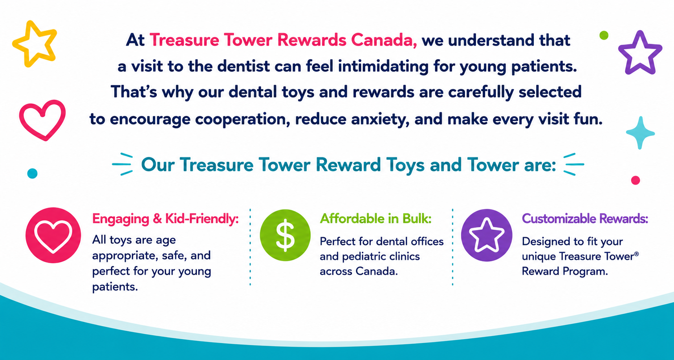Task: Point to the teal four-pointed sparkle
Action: (x=640, y=133)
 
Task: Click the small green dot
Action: (x=604, y=35)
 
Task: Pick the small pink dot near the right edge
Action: (x=636, y=180)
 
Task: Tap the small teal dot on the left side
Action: (x=32, y=173)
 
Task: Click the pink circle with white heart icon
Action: (x=53, y=236)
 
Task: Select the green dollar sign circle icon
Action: (x=285, y=236)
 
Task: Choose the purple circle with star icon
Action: (x=487, y=236)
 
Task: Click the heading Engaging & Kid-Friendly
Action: (x=165, y=219)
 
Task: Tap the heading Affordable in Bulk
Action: (x=376, y=218)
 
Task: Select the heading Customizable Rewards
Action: (x=585, y=218)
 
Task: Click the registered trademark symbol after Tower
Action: (x=636, y=254)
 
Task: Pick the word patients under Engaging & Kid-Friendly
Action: (x=115, y=287)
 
